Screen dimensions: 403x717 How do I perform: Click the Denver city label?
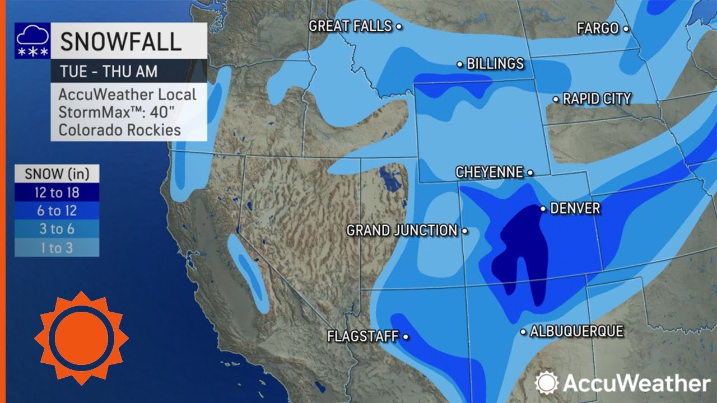click(575, 209)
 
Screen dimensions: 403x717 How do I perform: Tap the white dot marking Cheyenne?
click(530, 173)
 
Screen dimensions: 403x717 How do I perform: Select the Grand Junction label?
click(402, 230)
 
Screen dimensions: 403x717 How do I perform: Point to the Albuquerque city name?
click(576, 331)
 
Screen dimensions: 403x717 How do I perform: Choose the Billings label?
click(495, 64)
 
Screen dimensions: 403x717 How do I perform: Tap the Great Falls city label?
click(350, 26)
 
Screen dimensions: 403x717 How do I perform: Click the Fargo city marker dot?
click(626, 29)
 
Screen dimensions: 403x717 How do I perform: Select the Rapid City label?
click(597, 99)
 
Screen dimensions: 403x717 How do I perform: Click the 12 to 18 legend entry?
click(57, 193)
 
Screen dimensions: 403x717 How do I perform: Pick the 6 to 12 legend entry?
click(57, 211)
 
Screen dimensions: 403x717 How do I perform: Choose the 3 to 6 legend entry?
click(57, 229)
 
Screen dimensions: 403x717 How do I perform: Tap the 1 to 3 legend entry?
click(57, 247)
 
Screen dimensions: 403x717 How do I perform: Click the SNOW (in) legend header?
click(57, 174)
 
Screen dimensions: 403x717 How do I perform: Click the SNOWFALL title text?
click(120, 42)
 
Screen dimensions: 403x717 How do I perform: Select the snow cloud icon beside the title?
click(32, 41)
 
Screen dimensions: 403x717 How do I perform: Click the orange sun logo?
click(81, 338)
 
